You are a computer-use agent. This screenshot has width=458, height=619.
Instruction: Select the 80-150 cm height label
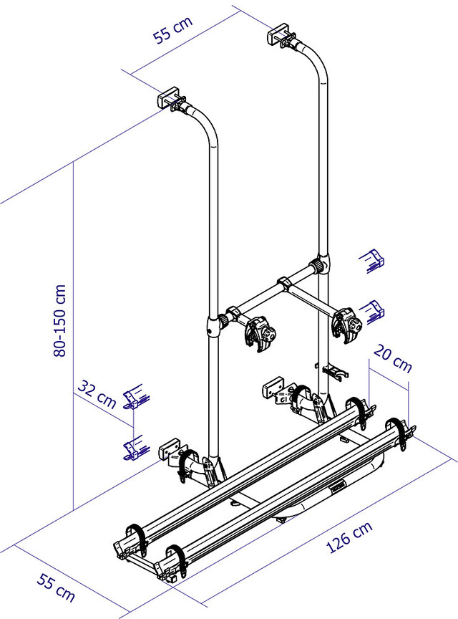click(x=62, y=319)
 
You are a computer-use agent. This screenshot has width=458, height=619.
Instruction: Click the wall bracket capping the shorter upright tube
click(x=170, y=98)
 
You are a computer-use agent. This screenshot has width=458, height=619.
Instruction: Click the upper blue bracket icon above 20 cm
click(x=373, y=260)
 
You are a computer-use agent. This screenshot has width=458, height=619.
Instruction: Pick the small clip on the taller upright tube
click(x=333, y=371)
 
